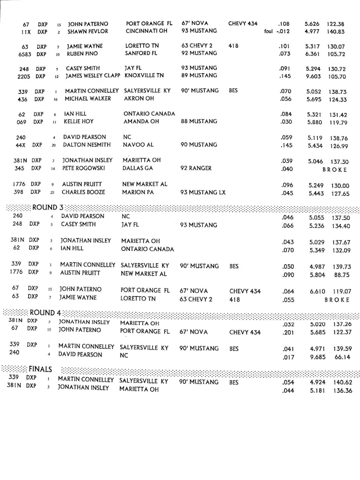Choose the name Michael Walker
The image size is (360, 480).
tap(87, 99)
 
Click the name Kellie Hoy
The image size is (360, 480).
tap(79, 122)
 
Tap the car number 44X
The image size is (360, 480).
tap(21, 145)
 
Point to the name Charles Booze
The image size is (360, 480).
tap(84, 192)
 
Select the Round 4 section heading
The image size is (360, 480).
tap(46, 313)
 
